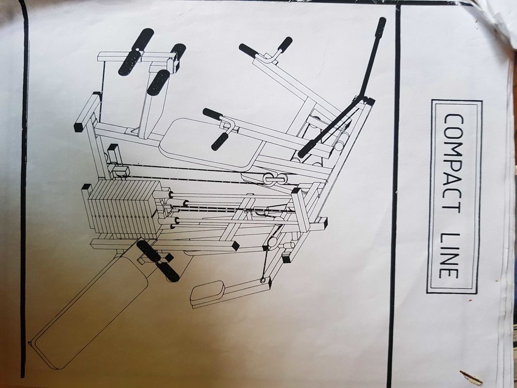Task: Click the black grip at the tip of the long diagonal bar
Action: coord(381,28)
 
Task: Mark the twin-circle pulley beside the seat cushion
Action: coord(274,178)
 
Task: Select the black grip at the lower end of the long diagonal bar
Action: coord(308,150)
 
